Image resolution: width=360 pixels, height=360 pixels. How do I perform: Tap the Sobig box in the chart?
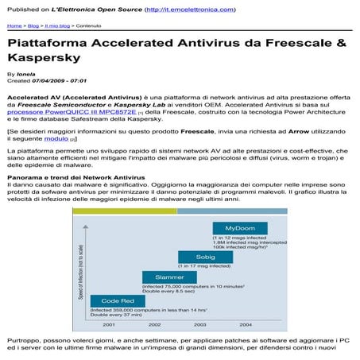205,257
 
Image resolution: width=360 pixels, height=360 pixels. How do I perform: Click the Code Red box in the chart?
117,300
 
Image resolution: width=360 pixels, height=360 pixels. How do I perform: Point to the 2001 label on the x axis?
109,324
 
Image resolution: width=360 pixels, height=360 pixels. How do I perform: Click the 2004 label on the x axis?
246,324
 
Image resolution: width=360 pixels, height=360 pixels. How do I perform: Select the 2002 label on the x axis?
154,324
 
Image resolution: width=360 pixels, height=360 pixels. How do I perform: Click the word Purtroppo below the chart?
25,339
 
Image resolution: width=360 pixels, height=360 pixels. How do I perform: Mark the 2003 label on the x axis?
200,324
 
